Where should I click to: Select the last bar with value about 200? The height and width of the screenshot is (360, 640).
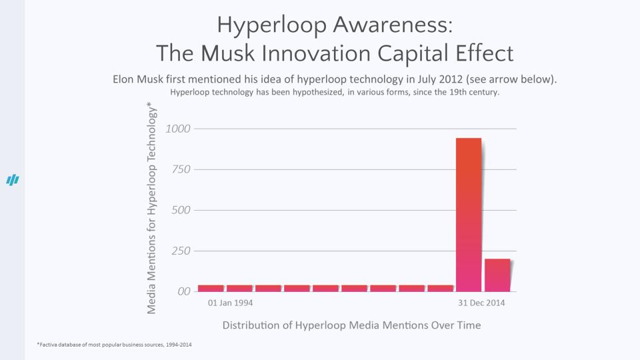pyautogui.click(x=497, y=275)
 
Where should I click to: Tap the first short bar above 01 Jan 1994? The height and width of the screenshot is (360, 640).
pyautogui.click(x=211, y=288)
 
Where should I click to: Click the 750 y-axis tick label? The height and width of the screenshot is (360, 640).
pyautogui.click(x=181, y=169)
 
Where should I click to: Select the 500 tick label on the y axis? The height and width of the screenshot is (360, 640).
pyautogui.click(x=181, y=210)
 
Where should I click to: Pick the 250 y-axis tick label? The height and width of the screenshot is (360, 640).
pyautogui.click(x=181, y=251)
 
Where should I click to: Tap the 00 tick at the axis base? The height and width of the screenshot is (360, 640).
pyautogui.click(x=183, y=291)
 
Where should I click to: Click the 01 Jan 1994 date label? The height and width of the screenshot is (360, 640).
pyautogui.click(x=230, y=303)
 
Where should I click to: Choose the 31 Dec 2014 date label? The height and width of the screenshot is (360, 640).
pyautogui.click(x=481, y=303)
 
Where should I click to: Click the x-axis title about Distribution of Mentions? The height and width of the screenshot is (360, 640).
pyautogui.click(x=351, y=325)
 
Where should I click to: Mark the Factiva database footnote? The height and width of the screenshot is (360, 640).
pyautogui.click(x=115, y=345)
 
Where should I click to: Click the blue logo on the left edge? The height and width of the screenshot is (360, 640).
pyautogui.click(x=13, y=180)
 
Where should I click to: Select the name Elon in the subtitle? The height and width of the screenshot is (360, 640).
pyautogui.click(x=124, y=79)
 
